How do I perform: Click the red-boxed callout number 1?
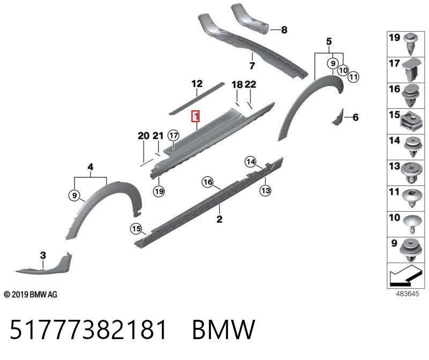tap(196, 116)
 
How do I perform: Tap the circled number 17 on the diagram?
tap(173, 136)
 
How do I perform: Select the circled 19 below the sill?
tap(159, 191)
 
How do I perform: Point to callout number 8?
tap(284, 30)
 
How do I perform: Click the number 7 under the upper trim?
tap(252, 65)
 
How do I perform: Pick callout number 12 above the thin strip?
tap(197, 84)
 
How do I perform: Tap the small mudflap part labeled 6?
tap(338, 117)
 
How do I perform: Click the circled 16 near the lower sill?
tap(208, 182)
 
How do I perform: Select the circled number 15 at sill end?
tap(136, 229)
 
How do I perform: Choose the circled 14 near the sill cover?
tap(250, 162)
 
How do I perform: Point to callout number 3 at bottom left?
tap(43, 256)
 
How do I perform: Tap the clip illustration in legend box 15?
tap(411, 122)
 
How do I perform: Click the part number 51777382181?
tap(88, 329)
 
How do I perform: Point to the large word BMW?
tap(224, 329)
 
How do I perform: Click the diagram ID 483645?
tap(408, 294)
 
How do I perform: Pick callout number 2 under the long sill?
tap(219, 219)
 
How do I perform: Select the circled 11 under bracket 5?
tap(353, 77)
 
